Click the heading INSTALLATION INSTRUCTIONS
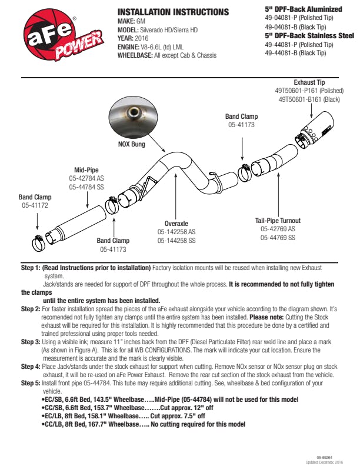[x=173, y=12]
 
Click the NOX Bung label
[x=132, y=144]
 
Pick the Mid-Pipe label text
[x=86, y=170]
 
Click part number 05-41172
[x=35, y=206]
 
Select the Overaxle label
[x=176, y=224]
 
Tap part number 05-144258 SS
[x=176, y=241]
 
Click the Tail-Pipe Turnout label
[x=282, y=221]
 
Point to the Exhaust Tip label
[x=309, y=83]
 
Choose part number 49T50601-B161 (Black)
[x=309, y=99]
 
